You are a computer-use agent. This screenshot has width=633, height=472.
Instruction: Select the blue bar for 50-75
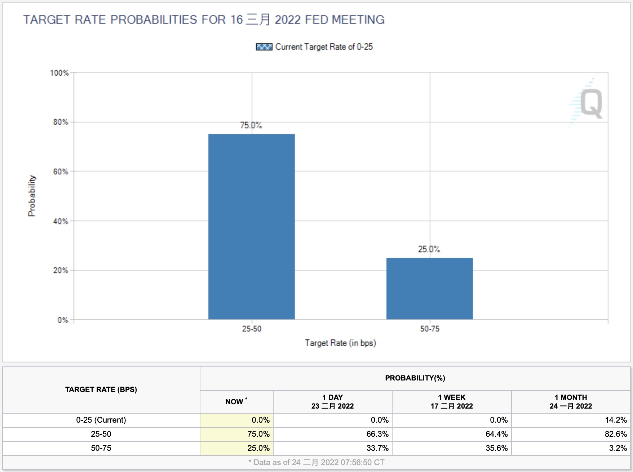[x=429, y=288]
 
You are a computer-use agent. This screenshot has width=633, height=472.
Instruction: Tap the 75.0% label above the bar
[x=251, y=125]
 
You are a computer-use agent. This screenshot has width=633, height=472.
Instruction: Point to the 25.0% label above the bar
[x=429, y=249]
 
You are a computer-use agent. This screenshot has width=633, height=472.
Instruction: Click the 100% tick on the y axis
[x=59, y=73]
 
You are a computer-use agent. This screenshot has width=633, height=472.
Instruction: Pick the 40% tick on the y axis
[x=61, y=221]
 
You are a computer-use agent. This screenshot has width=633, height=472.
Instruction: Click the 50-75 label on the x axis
[x=430, y=329]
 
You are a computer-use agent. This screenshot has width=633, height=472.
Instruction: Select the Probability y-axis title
[x=32, y=196]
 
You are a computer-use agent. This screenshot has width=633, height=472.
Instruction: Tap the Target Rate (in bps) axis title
[x=340, y=343]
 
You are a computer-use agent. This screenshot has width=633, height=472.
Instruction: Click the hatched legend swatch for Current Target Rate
[x=264, y=47]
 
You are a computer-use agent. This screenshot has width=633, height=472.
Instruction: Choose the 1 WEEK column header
[x=452, y=401]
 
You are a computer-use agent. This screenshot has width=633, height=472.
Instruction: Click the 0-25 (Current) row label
[x=101, y=420]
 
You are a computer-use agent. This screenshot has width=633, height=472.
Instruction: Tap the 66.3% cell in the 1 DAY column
[x=377, y=434]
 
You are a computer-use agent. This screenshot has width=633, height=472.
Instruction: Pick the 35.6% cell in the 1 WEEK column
[x=496, y=448]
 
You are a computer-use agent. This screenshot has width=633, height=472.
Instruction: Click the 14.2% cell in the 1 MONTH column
[x=616, y=420]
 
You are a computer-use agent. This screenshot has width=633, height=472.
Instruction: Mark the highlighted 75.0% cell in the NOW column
[x=258, y=434]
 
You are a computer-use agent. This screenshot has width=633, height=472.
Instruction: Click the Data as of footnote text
[x=316, y=462]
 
